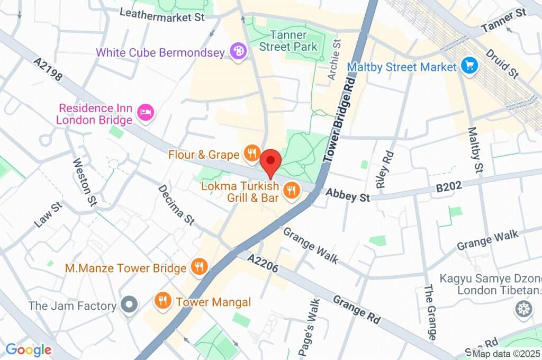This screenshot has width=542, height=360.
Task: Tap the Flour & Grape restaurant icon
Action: pos(251,154)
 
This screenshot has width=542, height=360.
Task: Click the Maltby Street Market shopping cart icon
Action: pos(469,67)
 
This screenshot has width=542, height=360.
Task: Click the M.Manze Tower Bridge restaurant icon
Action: pos(200,267)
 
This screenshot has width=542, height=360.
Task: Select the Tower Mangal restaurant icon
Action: pos(162,301)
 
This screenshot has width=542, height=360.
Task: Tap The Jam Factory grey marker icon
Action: pos(129,305)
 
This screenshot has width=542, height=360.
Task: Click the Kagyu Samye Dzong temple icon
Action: pos(524,309)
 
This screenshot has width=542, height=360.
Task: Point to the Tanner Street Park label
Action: pos(288,41)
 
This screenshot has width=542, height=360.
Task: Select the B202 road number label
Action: pos(449,186)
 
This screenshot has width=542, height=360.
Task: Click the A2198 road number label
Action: pos(48,70)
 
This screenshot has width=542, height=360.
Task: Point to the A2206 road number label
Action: pos(263,263)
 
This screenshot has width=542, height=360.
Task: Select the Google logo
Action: pos(29,349)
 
